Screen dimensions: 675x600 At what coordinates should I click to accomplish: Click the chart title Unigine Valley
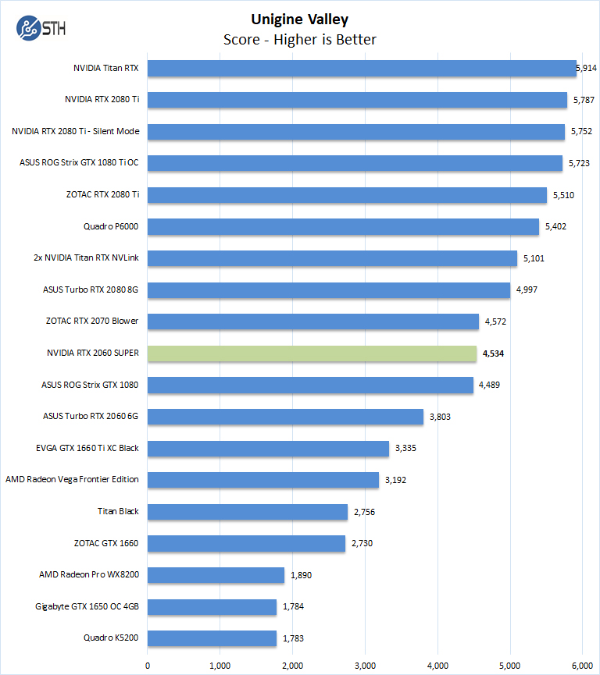300,20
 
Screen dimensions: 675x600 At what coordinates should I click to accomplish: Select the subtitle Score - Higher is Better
300,39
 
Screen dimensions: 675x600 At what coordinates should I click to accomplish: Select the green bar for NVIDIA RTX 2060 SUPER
312,353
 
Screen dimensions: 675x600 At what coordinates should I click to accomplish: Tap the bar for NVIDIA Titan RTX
362,68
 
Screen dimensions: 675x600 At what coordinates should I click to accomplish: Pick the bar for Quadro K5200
212,638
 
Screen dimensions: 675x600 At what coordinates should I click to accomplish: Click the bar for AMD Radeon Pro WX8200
216,575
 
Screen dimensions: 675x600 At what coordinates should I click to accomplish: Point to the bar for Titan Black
247,512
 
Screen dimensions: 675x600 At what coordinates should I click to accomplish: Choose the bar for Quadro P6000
343,226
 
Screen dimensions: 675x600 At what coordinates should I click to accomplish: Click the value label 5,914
587,68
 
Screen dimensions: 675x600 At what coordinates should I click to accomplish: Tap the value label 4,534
494,353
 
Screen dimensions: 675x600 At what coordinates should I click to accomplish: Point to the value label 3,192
397,480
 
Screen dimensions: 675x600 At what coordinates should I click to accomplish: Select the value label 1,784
295,606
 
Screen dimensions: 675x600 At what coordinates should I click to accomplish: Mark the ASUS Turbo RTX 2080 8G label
91,290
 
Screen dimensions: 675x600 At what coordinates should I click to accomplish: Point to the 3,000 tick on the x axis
365,665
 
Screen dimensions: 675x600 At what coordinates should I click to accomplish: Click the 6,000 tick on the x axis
582,665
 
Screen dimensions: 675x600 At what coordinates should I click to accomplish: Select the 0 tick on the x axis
148,665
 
